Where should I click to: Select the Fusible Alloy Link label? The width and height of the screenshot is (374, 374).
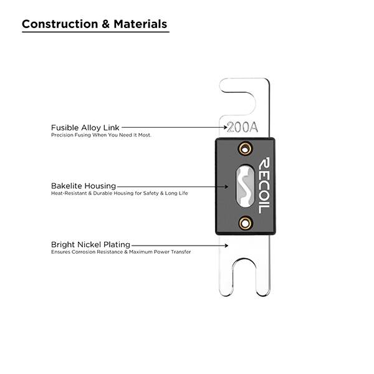click(85, 127)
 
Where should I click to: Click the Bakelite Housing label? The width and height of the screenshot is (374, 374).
click(84, 186)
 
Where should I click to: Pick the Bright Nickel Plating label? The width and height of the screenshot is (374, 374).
click(91, 244)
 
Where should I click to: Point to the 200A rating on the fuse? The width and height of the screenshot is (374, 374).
click(242, 128)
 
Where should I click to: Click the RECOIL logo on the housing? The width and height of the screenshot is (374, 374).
click(263, 185)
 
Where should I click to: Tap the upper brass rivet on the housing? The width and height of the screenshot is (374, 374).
click(245, 148)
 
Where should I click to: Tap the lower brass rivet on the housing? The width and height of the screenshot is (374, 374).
click(245, 223)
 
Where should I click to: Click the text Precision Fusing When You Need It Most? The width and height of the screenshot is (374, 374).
click(101, 135)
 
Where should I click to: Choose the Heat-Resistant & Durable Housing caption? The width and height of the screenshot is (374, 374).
click(119, 193)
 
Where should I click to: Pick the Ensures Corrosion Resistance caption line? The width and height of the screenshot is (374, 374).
click(121, 252)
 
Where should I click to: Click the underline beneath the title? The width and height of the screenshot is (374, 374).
click(95, 32)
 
